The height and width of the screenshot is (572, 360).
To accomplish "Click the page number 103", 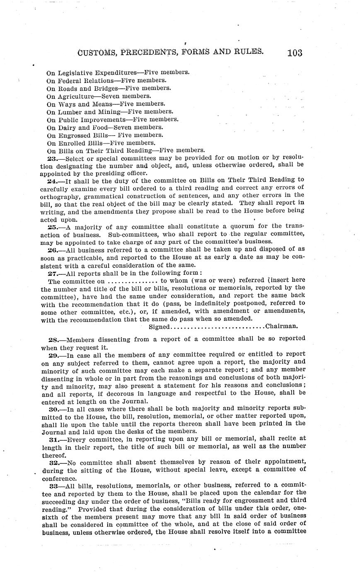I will (294, 53).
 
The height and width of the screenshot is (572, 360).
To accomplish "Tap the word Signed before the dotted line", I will (159, 327).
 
